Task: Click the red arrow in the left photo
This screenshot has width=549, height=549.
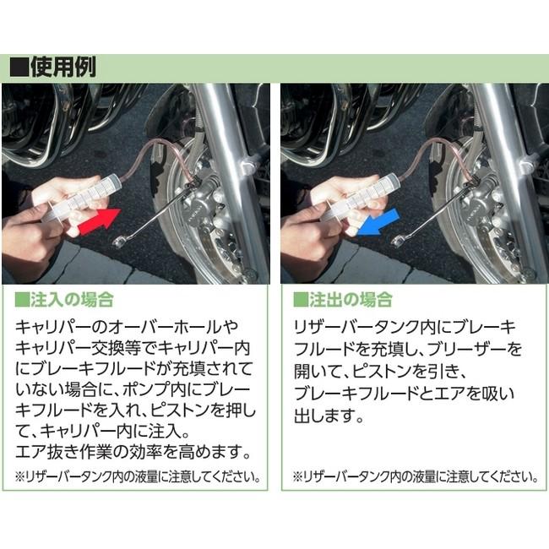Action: (x=95, y=223)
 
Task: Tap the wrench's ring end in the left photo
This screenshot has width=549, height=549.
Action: (x=121, y=243)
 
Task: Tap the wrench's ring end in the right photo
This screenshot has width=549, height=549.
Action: (x=398, y=243)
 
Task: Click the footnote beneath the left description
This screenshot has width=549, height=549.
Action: (x=137, y=476)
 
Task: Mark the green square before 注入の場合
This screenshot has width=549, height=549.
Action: (x=22, y=300)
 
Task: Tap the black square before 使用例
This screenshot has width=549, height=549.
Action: (x=19, y=68)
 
